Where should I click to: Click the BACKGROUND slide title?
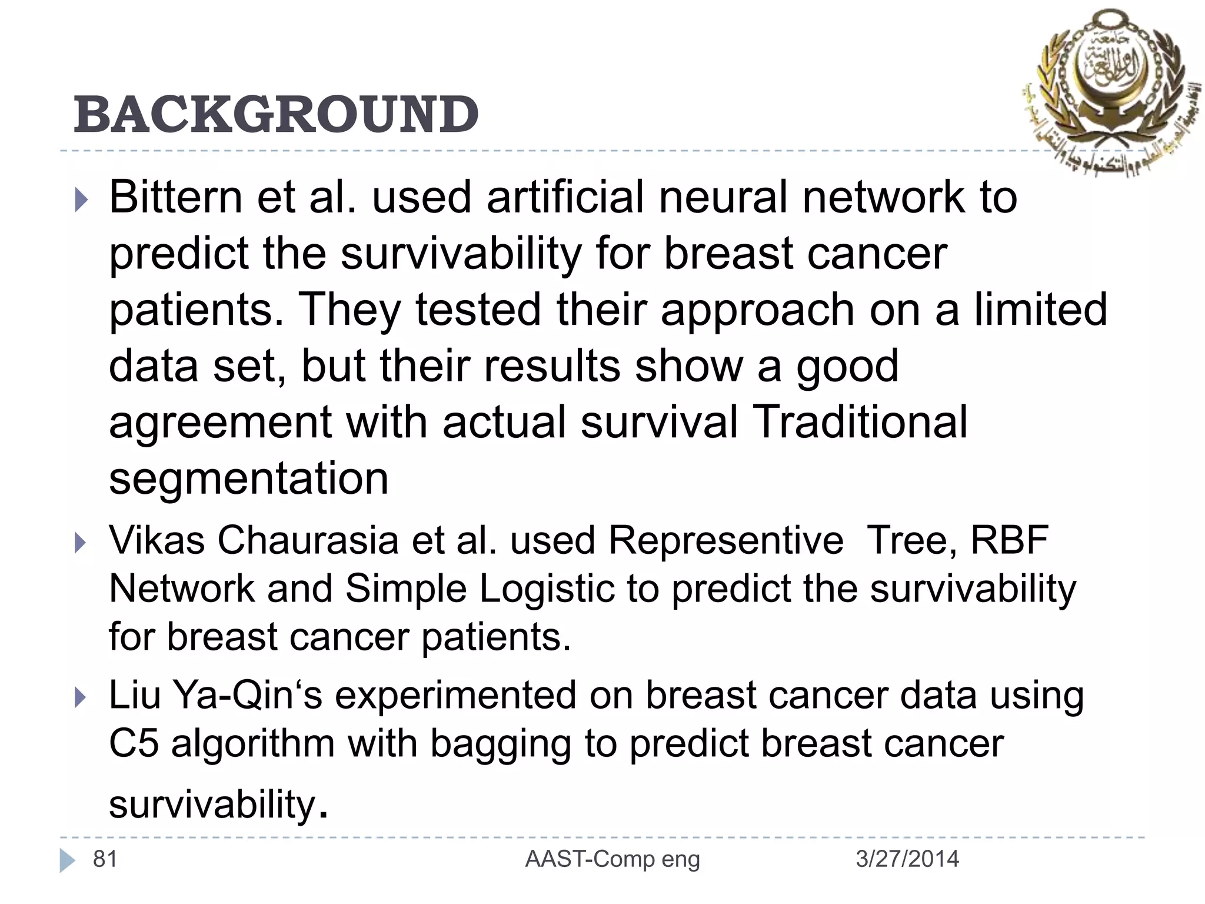[x=276, y=114]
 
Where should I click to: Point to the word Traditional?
[x=861, y=422]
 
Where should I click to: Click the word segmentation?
[x=248, y=478]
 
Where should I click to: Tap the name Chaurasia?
[x=308, y=540]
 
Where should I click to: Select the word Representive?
[x=725, y=540]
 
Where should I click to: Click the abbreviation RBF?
[x=1009, y=540]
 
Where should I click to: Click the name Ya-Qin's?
[x=248, y=695]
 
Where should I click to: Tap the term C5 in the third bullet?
[x=134, y=744]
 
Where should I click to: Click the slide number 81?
[x=105, y=859]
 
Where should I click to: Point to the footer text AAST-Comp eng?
[x=613, y=859]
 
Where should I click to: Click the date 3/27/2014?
[x=907, y=859]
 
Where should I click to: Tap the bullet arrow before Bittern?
[x=81, y=200]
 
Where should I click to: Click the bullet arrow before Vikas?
[x=81, y=543]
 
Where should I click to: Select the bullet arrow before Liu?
[x=81, y=698]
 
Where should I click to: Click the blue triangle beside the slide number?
[x=67, y=860]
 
